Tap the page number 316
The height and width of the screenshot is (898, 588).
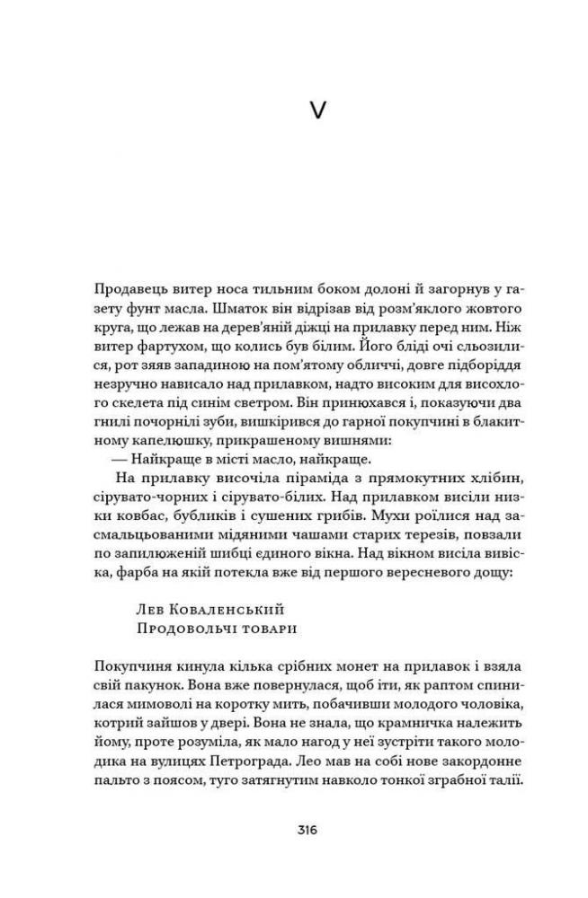pos(293,830)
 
